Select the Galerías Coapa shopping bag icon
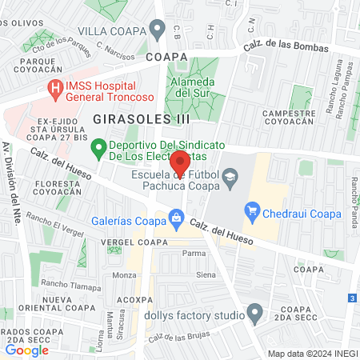[176, 216]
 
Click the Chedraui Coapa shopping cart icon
[253, 211]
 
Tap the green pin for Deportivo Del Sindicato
[98, 147]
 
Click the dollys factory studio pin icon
[255, 313]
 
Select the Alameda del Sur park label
[193, 88]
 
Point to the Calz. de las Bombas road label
[286, 47]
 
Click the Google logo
[26, 350]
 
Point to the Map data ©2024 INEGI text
[310, 353]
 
